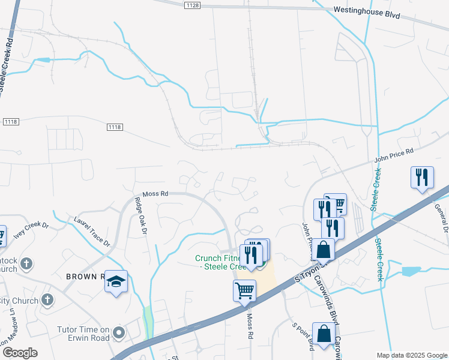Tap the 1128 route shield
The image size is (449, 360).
[x=192, y=5]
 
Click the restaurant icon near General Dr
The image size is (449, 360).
[x=422, y=178]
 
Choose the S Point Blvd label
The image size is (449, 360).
[x=304, y=337]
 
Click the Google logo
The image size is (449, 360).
[x=20, y=353]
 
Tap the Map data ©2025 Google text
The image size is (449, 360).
[x=412, y=355]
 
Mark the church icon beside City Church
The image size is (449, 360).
[x=47, y=300]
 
